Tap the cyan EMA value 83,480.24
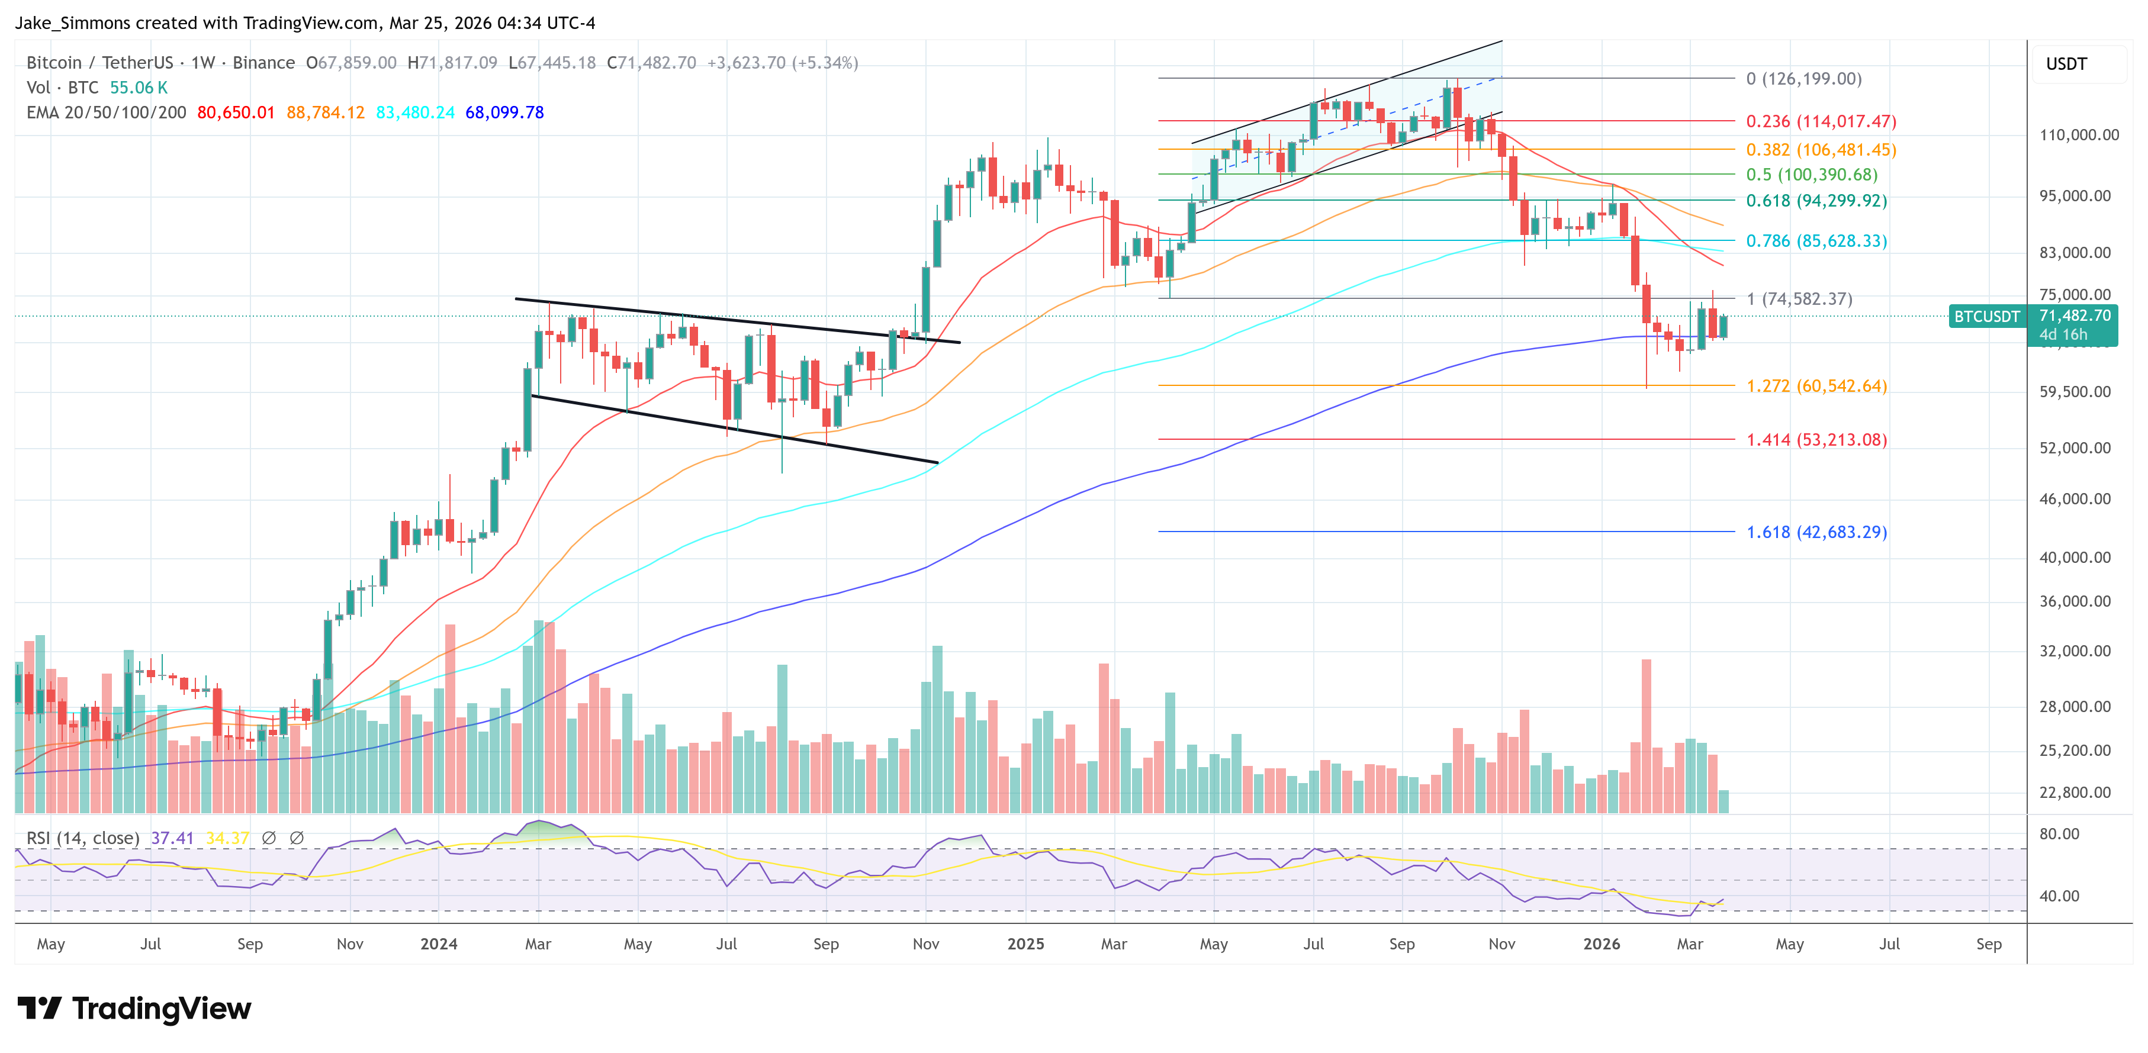click(x=414, y=112)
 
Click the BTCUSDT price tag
click(x=1986, y=317)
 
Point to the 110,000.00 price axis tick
click(x=2078, y=135)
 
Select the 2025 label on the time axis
click(x=1025, y=943)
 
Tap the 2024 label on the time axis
click(x=439, y=943)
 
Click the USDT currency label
click(x=2066, y=64)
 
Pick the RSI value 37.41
click(x=172, y=838)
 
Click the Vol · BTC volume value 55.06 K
click(x=139, y=88)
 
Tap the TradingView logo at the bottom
click(x=133, y=1009)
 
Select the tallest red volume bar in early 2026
click(x=1646, y=734)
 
